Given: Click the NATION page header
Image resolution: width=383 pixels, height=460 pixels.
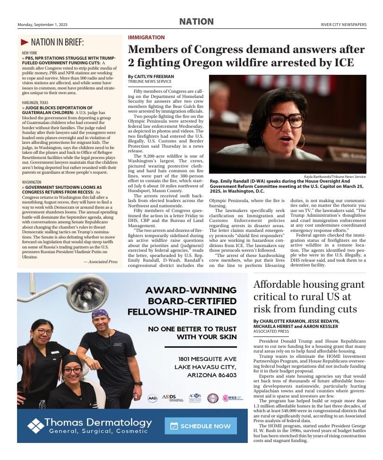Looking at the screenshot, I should [x=196, y=22].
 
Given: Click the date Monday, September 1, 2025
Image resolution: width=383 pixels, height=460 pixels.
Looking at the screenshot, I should [x=43, y=25].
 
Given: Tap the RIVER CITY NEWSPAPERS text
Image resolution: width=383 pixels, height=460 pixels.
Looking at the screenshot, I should [x=343, y=25].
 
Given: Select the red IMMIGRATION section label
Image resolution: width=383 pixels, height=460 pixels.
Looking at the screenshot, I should [x=146, y=37].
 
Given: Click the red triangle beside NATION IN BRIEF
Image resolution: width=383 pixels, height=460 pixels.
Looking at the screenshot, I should [x=25, y=42].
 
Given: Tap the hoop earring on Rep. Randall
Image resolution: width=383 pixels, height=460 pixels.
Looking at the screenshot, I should [x=301, y=142].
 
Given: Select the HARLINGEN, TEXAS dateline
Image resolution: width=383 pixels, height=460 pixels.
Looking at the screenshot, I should [x=35, y=102].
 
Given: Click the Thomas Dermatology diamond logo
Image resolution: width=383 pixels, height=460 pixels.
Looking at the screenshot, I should [x=35, y=425].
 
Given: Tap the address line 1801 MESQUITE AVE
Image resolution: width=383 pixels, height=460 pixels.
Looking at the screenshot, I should [x=207, y=359].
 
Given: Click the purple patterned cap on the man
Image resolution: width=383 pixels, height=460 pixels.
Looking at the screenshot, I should [x=100, y=313].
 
